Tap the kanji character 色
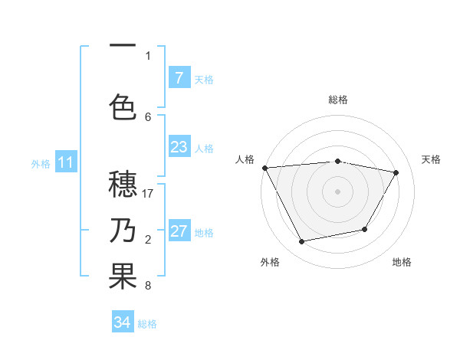[123, 107]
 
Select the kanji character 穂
[123, 185]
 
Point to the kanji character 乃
[123, 231]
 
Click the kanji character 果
[123, 277]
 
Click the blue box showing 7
[179, 78]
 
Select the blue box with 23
[179, 147]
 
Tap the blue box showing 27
[179, 232]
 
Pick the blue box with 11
[66, 162]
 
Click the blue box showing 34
[123, 322]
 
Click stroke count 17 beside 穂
[148, 194]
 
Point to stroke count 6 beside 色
[148, 116]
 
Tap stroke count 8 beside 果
[148, 286]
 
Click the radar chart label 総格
[338, 100]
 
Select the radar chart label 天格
[431, 159]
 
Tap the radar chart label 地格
[402, 262]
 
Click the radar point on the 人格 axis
[264, 168]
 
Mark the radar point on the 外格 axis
[301, 242]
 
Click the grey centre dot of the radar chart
[338, 191]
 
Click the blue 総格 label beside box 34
[147, 324]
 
